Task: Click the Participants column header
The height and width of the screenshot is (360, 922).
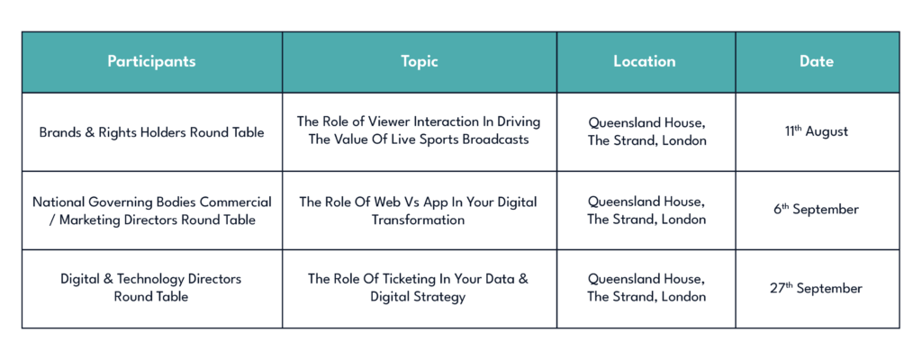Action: pyautogui.click(x=151, y=62)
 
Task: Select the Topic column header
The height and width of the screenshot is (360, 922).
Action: pyautogui.click(x=420, y=62)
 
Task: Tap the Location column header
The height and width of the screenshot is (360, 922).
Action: pyautogui.click(x=645, y=62)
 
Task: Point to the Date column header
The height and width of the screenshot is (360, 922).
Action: pyautogui.click(x=817, y=62)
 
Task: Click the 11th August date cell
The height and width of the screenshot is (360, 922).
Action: pyautogui.click(x=816, y=131)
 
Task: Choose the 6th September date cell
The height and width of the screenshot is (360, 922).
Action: pyautogui.click(x=816, y=210)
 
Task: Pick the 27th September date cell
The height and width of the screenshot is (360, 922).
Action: pyautogui.click(x=816, y=288)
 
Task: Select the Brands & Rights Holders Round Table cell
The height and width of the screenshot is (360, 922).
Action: pyautogui.click(x=151, y=132)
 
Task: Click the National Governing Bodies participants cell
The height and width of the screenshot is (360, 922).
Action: pyautogui.click(x=151, y=211)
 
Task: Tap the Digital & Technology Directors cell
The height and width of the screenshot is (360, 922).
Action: pyautogui.click(x=151, y=287)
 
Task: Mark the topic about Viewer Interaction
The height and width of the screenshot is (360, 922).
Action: pyautogui.click(x=419, y=130)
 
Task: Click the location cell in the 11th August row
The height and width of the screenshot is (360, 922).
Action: pyautogui.click(x=646, y=131)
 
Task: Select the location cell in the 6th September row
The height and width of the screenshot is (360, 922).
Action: pyautogui.click(x=646, y=211)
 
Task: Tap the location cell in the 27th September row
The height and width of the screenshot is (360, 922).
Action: pyautogui.click(x=646, y=287)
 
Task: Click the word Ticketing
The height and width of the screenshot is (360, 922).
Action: pyautogui.click(x=415, y=279)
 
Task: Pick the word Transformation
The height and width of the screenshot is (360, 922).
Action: pyautogui.click(x=418, y=220)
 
